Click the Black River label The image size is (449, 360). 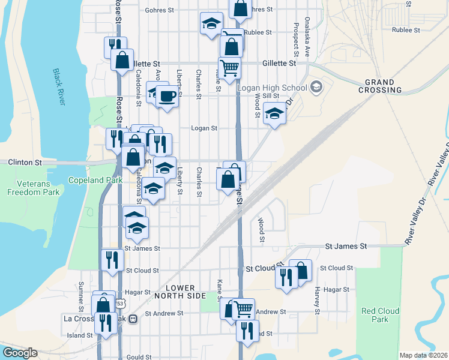click(58, 88)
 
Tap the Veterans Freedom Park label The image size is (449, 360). click(33, 188)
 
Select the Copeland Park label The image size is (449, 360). click(91, 179)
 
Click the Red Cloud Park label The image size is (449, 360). click(375, 315)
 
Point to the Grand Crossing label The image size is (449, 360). click(379, 86)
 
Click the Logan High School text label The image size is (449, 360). click(271, 88)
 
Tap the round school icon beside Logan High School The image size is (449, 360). click(316, 88)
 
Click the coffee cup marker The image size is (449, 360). click(167, 96)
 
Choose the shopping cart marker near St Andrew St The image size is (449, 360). click(243, 309)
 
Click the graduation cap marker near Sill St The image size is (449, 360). click(274, 113)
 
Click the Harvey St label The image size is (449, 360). click(316, 303)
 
